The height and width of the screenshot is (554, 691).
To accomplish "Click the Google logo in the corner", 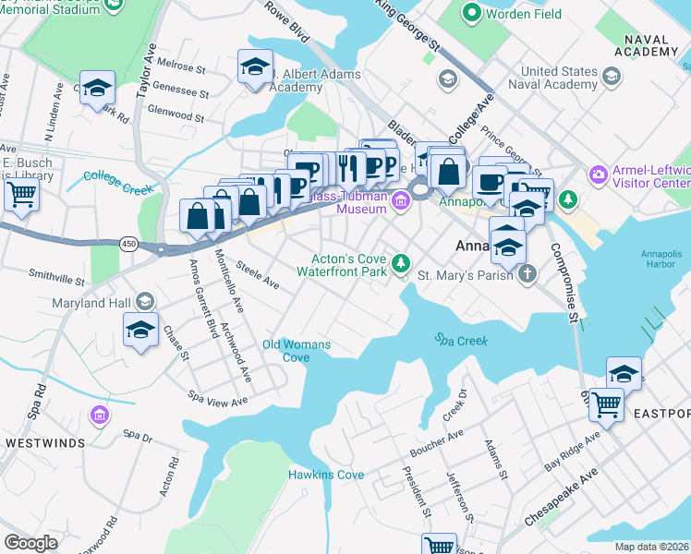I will [x=30, y=543].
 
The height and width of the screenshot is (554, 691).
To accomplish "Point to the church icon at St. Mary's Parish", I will [x=527, y=273].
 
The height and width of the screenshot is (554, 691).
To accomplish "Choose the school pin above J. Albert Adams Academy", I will [x=255, y=66].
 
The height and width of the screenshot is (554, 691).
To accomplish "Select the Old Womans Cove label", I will [x=296, y=351].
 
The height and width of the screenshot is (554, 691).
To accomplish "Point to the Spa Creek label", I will [x=461, y=339].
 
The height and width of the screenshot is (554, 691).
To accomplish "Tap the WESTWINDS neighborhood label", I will [x=45, y=443].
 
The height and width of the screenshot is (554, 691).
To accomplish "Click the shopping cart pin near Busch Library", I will [x=20, y=195].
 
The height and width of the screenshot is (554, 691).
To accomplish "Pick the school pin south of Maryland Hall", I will [x=139, y=330].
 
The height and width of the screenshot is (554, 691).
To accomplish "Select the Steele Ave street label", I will [x=257, y=275].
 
